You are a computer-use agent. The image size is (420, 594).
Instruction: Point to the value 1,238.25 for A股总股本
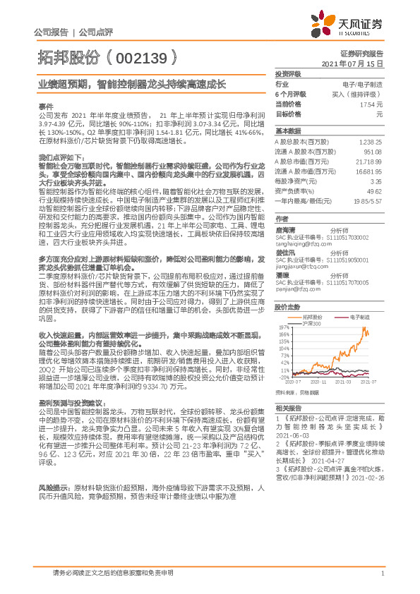(x=371, y=142)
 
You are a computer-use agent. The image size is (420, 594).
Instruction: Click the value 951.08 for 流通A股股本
(x=373, y=152)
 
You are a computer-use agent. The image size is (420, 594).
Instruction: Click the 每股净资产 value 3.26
(x=376, y=181)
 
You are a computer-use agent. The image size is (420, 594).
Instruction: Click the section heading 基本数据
(x=287, y=131)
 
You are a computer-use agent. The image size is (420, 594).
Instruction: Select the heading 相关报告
(x=287, y=408)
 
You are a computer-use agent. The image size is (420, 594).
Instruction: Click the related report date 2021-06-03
(x=290, y=437)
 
